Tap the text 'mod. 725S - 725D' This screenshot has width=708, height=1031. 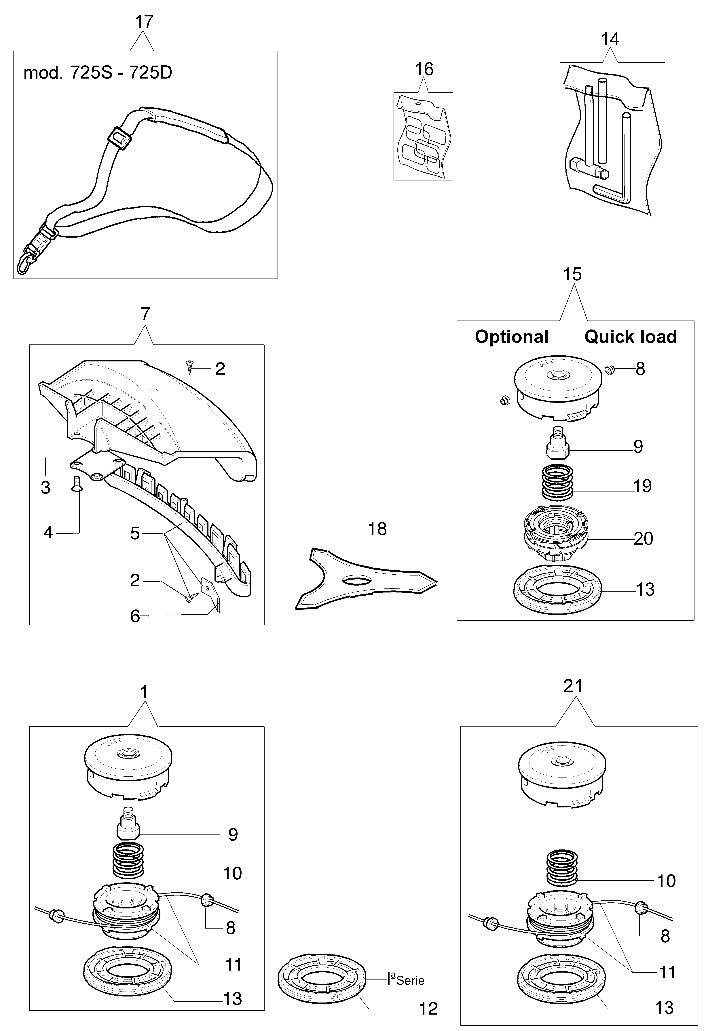pyautogui.click(x=98, y=73)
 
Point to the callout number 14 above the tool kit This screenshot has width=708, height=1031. pyautogui.click(x=610, y=39)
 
